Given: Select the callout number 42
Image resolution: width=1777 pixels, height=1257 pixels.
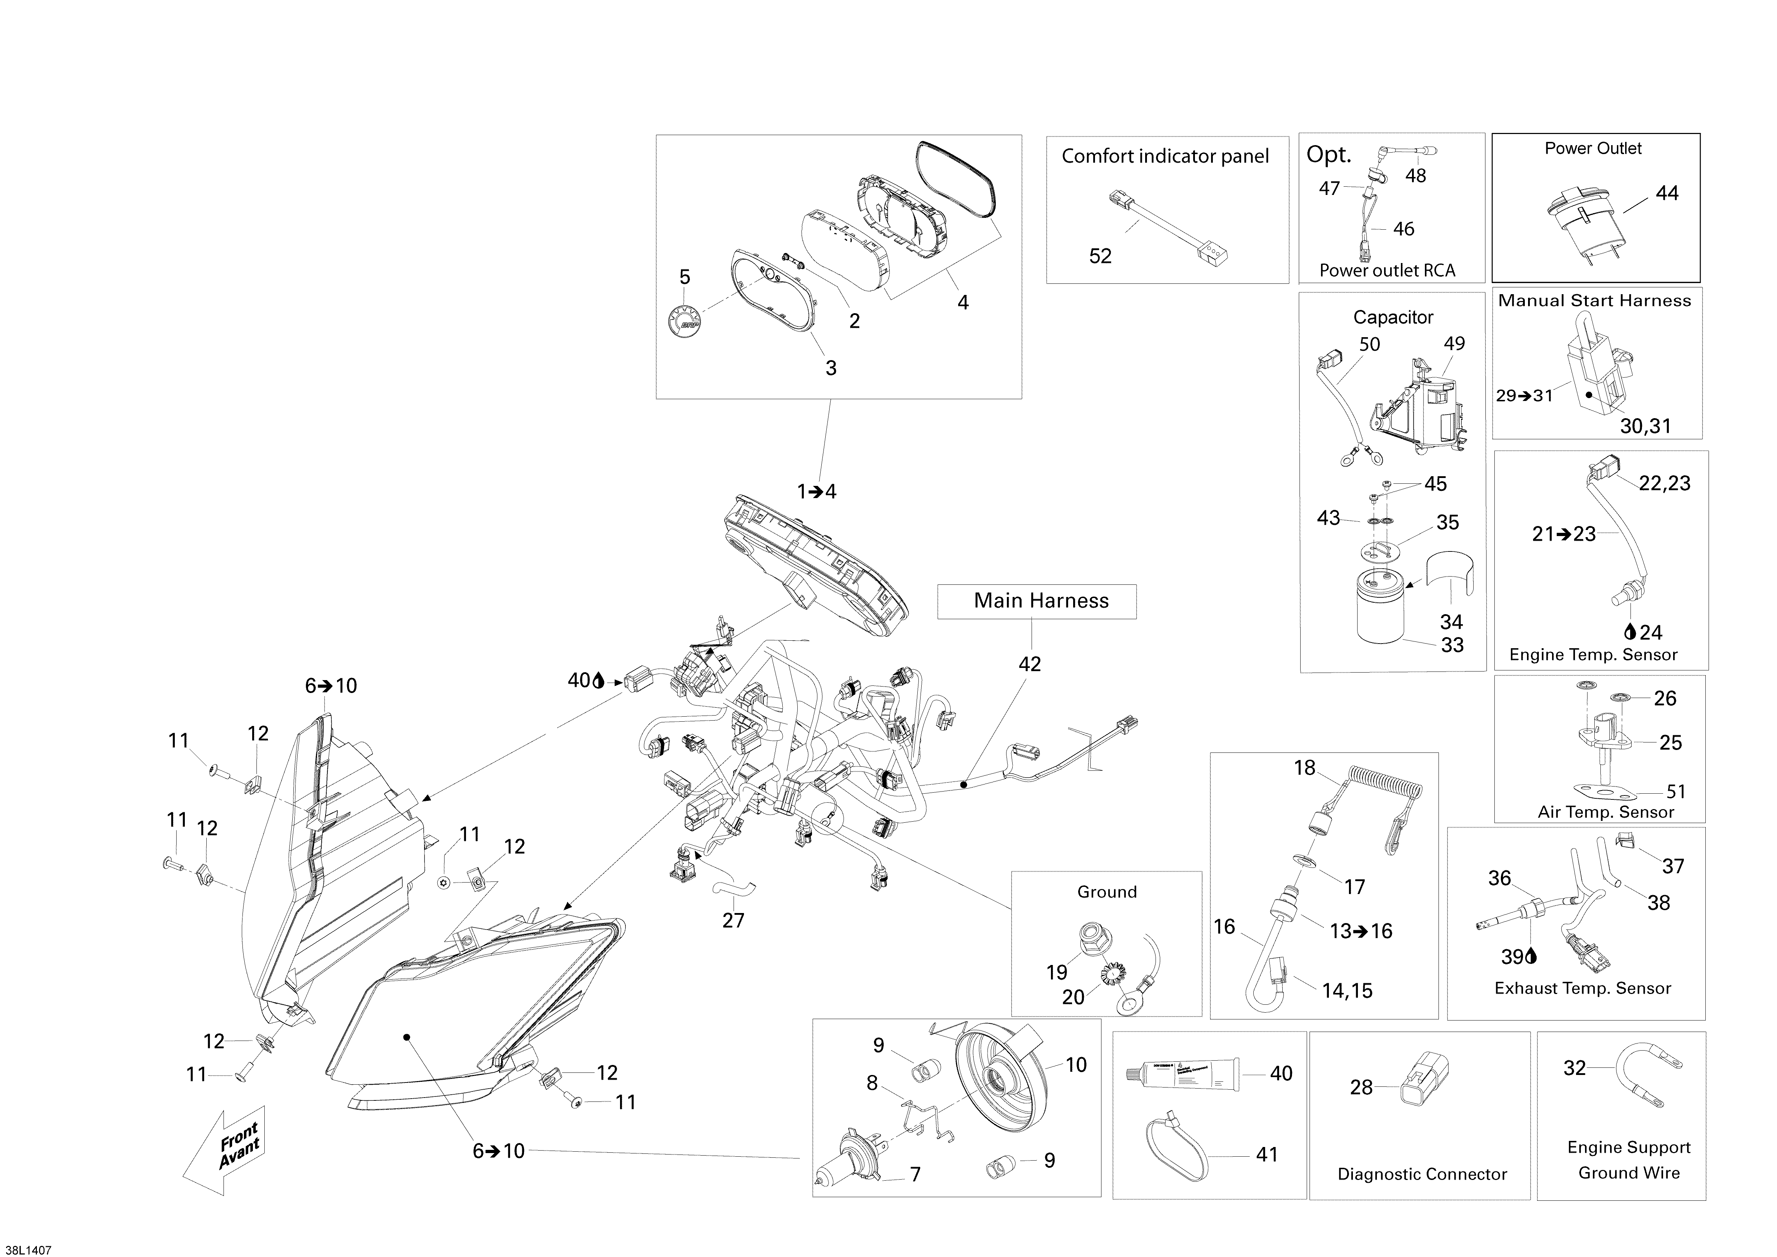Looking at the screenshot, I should pyautogui.click(x=1029, y=664).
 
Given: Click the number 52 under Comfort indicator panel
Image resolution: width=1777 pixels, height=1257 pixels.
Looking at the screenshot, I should pyautogui.click(x=1100, y=256).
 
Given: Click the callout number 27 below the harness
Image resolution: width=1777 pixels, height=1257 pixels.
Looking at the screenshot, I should pyautogui.click(x=733, y=920).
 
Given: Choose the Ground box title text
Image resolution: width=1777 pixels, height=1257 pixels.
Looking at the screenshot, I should pyautogui.click(x=1107, y=892).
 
